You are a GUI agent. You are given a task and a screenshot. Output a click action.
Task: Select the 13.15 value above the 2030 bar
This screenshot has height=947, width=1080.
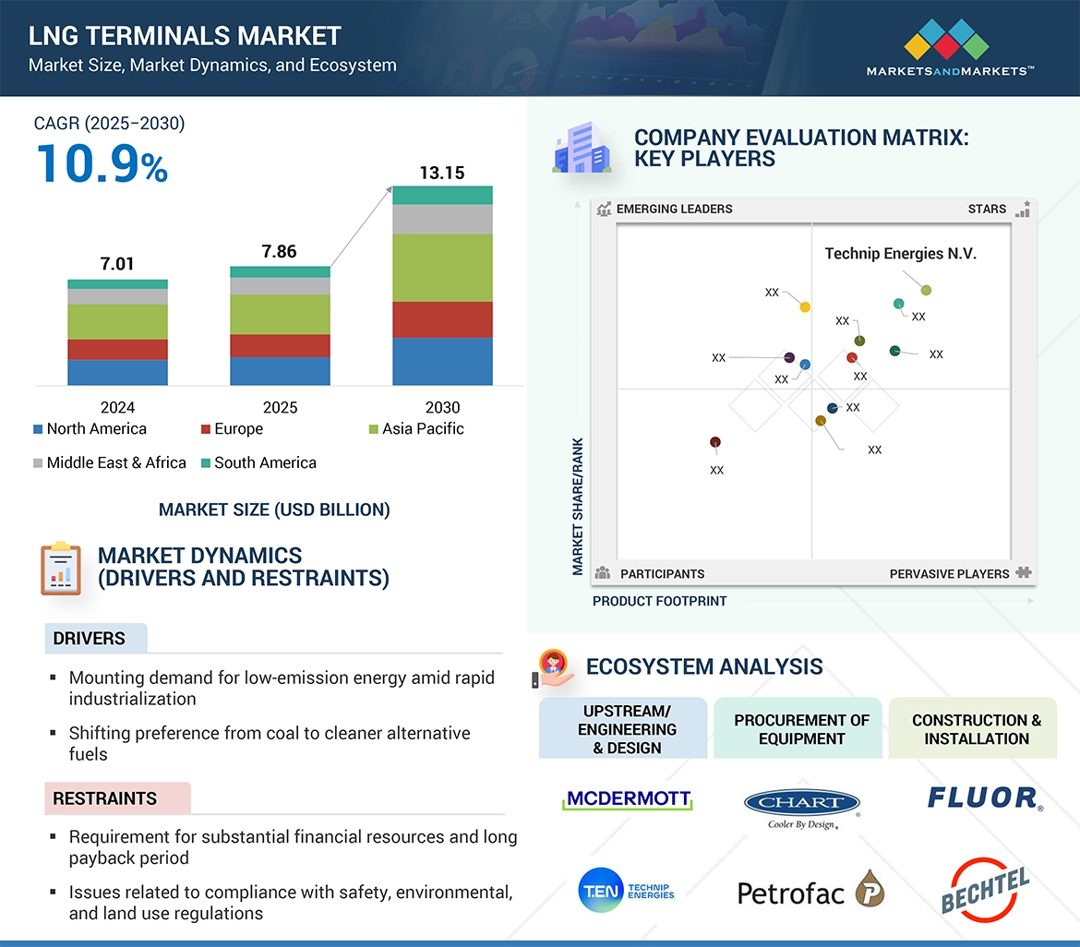pos(442,173)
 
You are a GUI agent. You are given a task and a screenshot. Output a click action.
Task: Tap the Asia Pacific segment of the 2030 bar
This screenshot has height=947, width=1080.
pos(442,268)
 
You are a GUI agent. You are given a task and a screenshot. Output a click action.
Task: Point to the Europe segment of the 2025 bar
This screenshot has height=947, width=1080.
pos(280,345)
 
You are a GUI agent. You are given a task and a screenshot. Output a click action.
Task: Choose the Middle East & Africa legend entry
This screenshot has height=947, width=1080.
pos(109,462)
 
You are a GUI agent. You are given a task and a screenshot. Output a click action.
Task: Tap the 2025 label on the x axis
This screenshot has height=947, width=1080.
pos(280,407)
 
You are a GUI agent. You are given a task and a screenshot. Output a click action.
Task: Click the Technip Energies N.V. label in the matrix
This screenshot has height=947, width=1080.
pos(900,254)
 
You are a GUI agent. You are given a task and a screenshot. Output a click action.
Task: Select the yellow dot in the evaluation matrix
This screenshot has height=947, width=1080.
pos(805,306)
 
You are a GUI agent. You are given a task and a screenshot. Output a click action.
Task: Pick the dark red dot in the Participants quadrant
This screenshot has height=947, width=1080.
pos(715,443)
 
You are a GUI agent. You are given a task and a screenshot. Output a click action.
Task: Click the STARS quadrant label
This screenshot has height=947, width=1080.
pos(987,209)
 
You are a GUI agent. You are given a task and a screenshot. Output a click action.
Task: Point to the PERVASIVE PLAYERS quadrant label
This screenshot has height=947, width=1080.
pos(949,574)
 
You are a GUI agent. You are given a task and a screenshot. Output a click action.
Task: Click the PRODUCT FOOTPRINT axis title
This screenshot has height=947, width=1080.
pos(659,601)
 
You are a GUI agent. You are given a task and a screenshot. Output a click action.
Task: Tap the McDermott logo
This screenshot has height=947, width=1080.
pos(628,799)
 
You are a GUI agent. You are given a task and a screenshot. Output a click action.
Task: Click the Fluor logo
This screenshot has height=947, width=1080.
pos(985,797)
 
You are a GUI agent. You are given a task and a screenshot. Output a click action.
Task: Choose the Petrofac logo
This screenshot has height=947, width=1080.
pos(810,891)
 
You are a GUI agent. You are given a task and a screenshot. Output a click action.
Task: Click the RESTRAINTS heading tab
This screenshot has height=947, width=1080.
pos(105,798)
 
